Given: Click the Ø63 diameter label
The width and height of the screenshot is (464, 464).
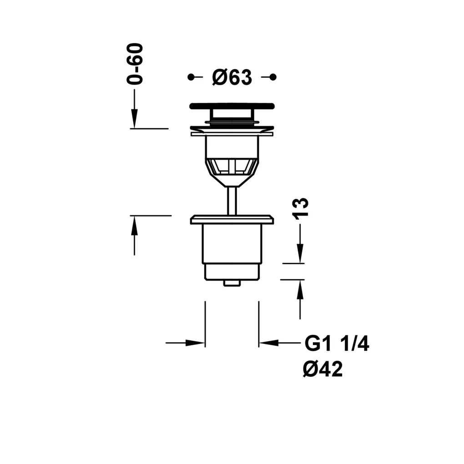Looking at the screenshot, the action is [232, 77].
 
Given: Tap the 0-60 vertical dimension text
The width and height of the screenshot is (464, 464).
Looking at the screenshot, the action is [135, 64].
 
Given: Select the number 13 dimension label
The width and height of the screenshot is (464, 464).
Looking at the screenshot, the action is [300, 209].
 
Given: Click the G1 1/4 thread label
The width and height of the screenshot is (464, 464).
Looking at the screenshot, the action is [337, 344].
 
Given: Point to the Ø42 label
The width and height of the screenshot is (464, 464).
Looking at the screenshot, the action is [323, 369].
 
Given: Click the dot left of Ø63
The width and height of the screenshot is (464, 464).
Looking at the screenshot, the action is [191, 77].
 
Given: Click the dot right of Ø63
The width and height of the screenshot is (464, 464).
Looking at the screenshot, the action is [273, 77].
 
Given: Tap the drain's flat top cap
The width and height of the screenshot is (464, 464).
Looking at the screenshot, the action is [232, 106].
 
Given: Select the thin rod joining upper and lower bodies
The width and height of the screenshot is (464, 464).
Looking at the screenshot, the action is [232, 201].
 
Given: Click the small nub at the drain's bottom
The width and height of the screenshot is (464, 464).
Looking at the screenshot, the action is [232, 283].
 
